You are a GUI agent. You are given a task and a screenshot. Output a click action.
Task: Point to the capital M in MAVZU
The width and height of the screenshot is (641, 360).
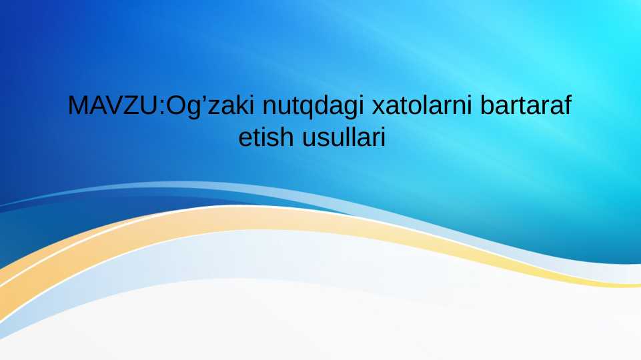tap(78, 106)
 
